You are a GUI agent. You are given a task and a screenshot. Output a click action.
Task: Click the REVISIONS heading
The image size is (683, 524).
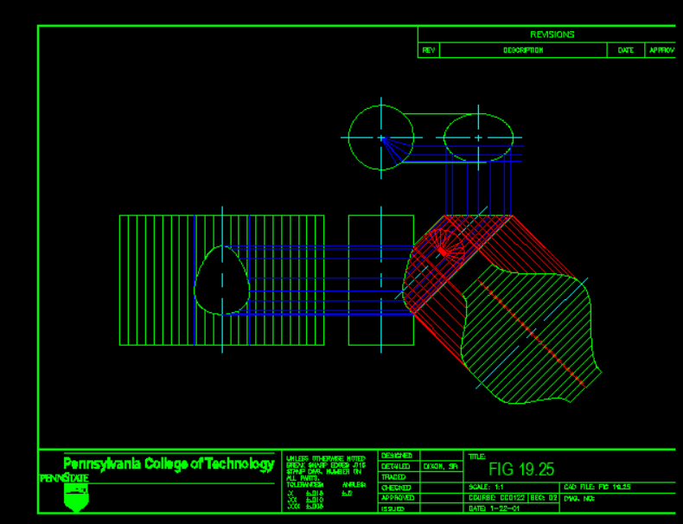552,35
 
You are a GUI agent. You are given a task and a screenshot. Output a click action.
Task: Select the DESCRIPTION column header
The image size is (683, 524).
523,50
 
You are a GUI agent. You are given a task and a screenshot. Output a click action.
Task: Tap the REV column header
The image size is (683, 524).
428,50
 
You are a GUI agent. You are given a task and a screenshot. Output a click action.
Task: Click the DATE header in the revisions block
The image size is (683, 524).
626,50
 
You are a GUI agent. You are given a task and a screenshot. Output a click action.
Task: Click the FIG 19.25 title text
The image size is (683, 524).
520,470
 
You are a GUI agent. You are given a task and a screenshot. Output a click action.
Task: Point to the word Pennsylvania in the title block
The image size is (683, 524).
102,463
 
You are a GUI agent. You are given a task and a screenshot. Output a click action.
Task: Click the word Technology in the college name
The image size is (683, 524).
239,463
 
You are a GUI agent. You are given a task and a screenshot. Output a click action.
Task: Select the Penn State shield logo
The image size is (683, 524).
76,496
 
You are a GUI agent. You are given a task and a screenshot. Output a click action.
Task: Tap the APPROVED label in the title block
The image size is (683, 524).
398,498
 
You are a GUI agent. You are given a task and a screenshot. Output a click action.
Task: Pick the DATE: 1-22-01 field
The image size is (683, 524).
492,508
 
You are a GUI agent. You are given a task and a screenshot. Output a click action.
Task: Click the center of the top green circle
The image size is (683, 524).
381,137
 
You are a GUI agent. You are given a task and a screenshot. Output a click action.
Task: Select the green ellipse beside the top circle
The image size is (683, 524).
478,137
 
